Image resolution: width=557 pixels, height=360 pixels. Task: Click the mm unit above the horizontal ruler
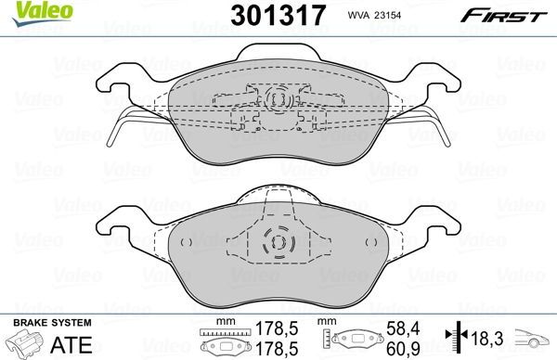[x=224, y=322]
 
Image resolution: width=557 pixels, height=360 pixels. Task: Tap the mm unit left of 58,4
[x=327, y=322]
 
